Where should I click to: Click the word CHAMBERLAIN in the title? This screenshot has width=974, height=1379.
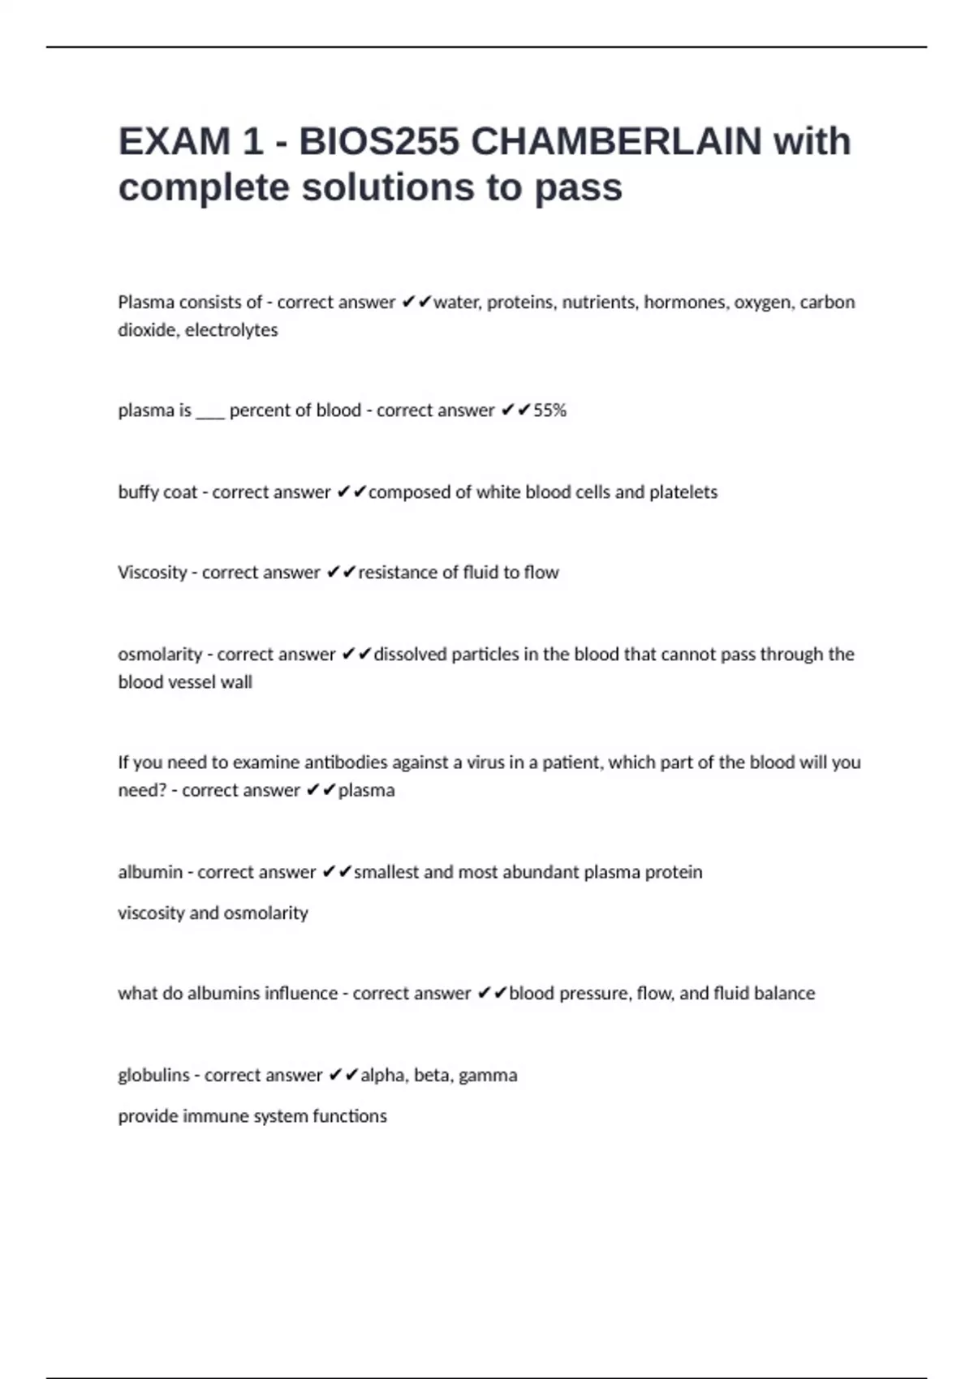pos(616,141)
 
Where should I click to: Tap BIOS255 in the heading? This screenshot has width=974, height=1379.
pos(379,141)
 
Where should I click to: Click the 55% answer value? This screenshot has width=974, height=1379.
pos(549,410)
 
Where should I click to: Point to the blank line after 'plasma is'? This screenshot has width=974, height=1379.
pos(210,410)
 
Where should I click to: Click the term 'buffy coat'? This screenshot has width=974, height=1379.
pos(157,492)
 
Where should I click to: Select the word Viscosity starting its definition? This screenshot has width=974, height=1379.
pos(152,573)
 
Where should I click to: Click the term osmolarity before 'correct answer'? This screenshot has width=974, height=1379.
pos(160,655)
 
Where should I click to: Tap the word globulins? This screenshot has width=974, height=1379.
pos(153,1076)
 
